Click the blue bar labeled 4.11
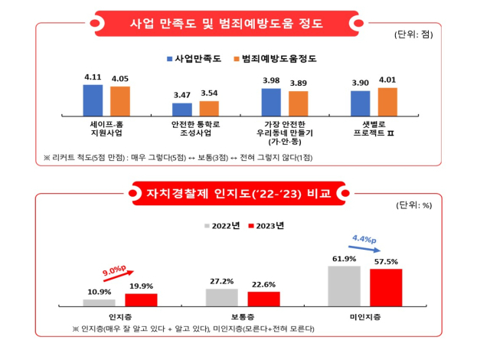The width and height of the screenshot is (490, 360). coord(93,100)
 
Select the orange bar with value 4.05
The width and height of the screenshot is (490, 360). coord(120,100)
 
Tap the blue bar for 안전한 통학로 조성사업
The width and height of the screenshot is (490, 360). coord(182,109)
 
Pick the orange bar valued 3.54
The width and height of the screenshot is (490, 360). coord(209,108)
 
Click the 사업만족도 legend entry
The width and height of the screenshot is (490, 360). coord(193,58)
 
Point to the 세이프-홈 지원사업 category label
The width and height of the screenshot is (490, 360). coord(107,127)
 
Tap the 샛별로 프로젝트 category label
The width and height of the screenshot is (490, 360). coord(374,127)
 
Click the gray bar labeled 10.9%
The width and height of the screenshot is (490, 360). coord(100,303)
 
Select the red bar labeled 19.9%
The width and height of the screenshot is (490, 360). coord(141,299)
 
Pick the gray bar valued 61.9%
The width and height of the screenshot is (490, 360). coord(345,286)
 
